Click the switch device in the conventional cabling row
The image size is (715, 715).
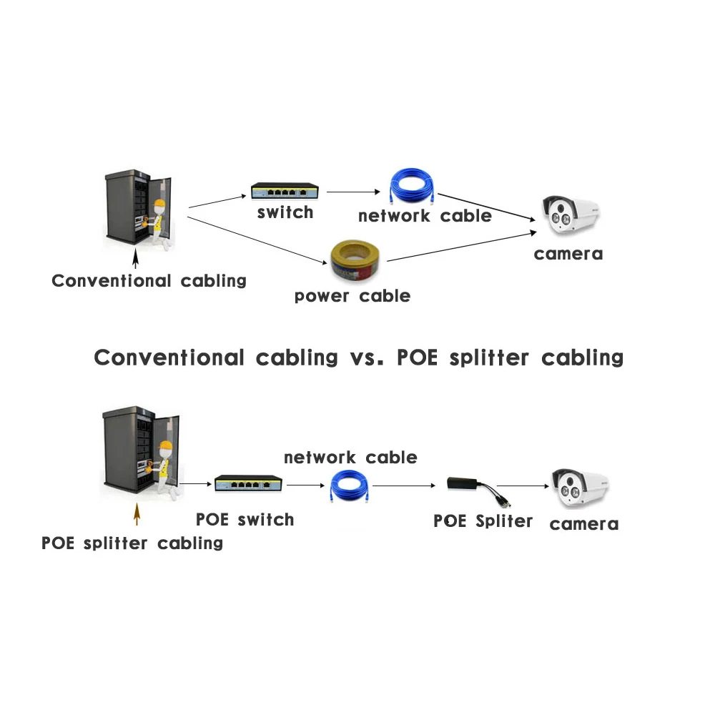pyautogui.click(x=285, y=192)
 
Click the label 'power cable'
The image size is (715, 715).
pyautogui.click(x=352, y=295)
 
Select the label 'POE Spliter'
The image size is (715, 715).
pyautogui.click(x=483, y=521)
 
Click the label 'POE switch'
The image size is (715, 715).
pyautogui.click(x=245, y=520)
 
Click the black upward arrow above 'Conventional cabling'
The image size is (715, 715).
pyautogui.click(x=135, y=256)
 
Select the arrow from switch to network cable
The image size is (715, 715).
pyautogui.click(x=352, y=192)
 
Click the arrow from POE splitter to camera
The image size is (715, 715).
pyautogui.click(x=525, y=485)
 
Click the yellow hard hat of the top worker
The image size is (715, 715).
pyautogui.click(x=160, y=205)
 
